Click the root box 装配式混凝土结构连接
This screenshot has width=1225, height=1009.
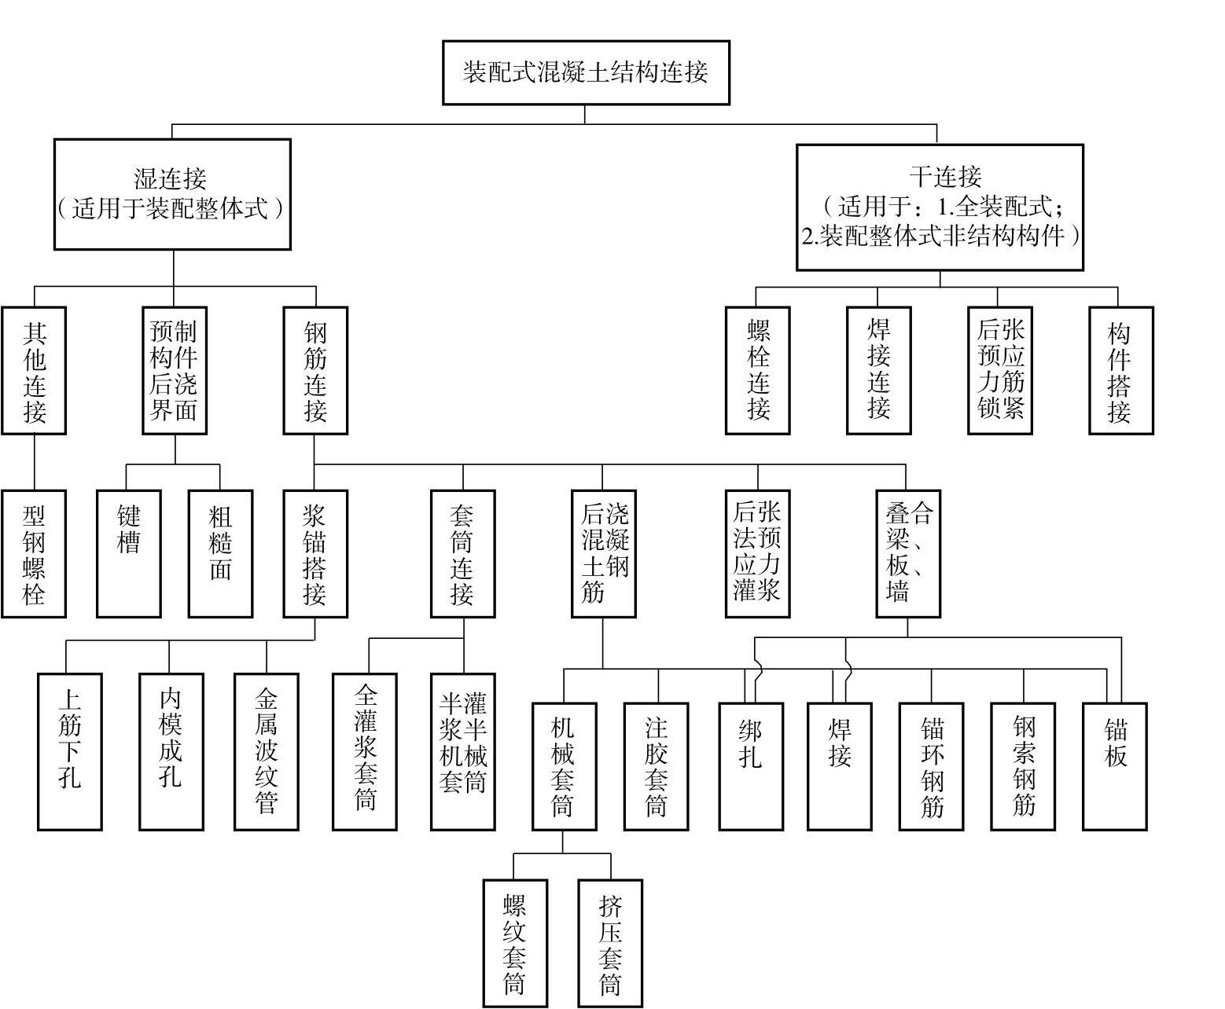[x=586, y=72]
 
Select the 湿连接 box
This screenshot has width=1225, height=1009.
[x=172, y=194]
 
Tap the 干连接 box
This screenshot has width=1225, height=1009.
[x=940, y=207]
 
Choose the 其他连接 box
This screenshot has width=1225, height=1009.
[x=34, y=370]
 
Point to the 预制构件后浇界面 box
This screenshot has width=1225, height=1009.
[x=175, y=370]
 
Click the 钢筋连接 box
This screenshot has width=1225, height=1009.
[x=315, y=370]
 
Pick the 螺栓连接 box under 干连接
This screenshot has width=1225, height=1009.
[x=757, y=370]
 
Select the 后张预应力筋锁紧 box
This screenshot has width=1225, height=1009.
[x=999, y=370]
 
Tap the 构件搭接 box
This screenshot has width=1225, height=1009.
[x=1120, y=370]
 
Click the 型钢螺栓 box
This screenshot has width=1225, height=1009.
[x=34, y=554]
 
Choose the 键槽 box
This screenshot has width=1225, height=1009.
[x=129, y=554]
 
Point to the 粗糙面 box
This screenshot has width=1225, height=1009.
[x=220, y=554]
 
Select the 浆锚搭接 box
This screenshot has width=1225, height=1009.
[x=315, y=554]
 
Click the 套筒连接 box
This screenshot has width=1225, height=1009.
[x=462, y=554]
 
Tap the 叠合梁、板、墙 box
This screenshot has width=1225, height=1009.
[x=908, y=554]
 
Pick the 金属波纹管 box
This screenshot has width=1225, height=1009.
[x=267, y=751]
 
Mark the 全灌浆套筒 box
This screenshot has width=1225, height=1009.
[x=364, y=751]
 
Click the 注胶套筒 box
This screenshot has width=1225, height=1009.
[x=656, y=765]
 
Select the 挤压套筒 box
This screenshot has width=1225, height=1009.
[x=610, y=943]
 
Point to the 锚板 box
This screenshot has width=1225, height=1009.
[x=1115, y=765]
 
